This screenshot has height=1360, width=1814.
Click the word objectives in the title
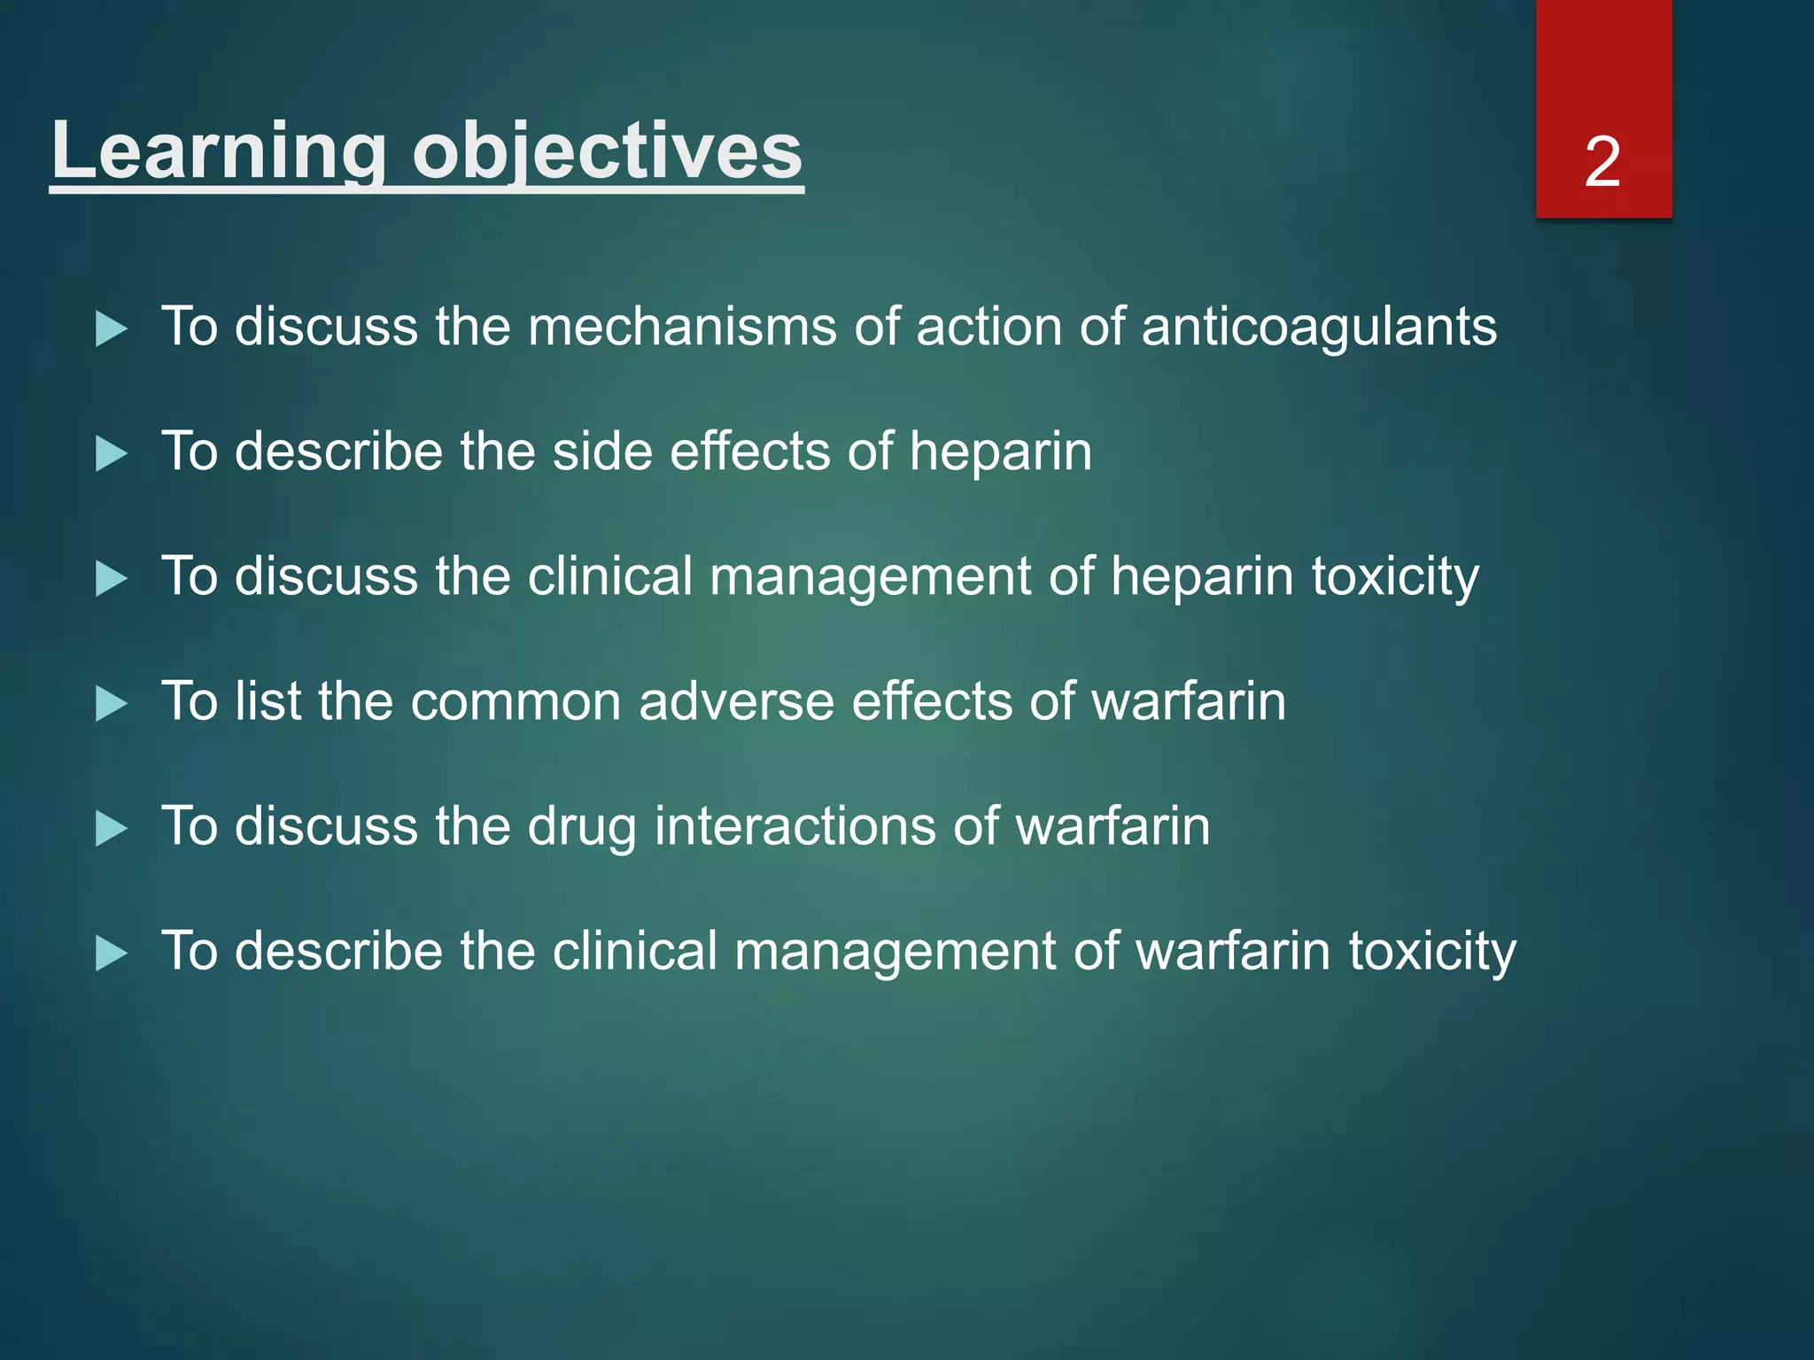tap(608, 151)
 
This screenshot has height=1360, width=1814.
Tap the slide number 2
tap(1602, 162)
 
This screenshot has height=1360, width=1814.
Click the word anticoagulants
tap(1319, 328)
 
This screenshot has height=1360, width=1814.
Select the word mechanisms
tap(682, 328)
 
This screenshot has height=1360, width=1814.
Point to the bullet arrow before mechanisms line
tap(111, 329)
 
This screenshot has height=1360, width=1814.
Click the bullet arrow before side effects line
tap(111, 454)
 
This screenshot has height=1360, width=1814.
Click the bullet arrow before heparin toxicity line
tap(111, 579)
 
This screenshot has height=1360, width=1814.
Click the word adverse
tap(736, 702)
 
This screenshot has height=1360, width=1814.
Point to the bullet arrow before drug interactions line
tap(111, 829)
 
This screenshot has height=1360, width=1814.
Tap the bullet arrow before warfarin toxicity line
tap(111, 954)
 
